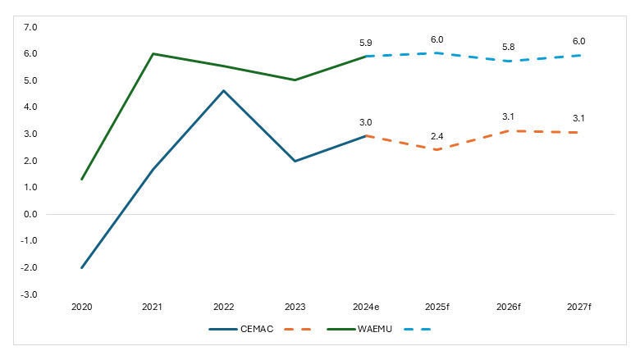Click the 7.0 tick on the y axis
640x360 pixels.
[30, 27]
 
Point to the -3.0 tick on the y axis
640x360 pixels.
[30, 294]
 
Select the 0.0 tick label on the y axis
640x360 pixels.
[30, 214]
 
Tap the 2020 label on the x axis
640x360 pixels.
[82, 307]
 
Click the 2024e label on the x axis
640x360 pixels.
[365, 307]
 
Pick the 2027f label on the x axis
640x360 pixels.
[578, 307]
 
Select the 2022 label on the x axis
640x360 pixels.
[223, 307]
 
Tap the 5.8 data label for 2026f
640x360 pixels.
[508, 47]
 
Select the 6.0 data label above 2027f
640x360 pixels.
[578, 41]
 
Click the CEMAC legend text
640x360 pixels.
[258, 330]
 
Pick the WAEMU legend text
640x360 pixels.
[373, 330]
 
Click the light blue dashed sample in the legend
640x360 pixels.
[417, 330]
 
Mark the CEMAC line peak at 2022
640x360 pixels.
[223, 91]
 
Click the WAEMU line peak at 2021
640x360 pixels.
[153, 54]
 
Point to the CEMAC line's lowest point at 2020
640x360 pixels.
[82, 267]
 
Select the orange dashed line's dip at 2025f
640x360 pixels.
[437, 150]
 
